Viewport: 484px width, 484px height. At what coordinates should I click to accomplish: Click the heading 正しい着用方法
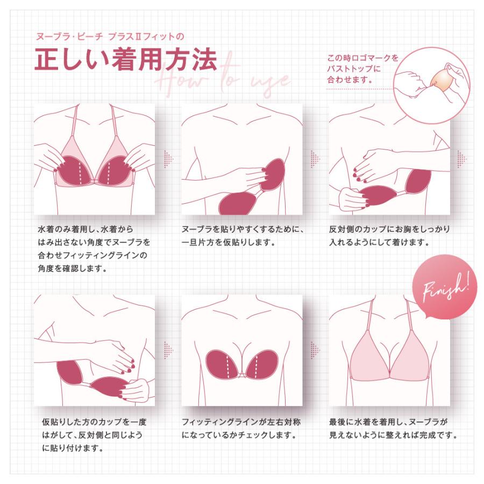coord(125,61)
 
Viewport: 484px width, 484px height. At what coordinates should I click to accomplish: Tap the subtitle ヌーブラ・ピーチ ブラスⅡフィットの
coord(109,37)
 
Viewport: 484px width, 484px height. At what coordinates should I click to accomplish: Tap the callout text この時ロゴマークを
coord(362,58)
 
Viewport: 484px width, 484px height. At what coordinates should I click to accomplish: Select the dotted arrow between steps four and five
coord(168,350)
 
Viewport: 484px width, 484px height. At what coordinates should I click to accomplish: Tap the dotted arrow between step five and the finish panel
coord(315,350)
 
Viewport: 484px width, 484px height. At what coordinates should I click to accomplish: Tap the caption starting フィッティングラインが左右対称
coord(241,428)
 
